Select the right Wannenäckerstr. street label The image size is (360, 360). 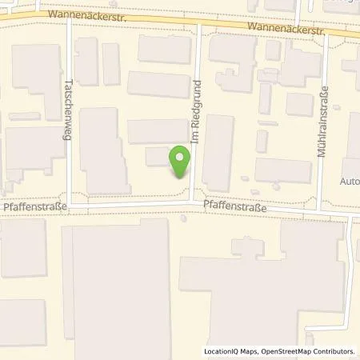coord(286,28)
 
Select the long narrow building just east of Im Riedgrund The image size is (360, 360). coord(218,152)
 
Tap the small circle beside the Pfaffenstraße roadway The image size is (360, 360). coord(185,216)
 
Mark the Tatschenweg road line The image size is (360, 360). coord(70,160)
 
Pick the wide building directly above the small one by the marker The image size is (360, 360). coord(158,131)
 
